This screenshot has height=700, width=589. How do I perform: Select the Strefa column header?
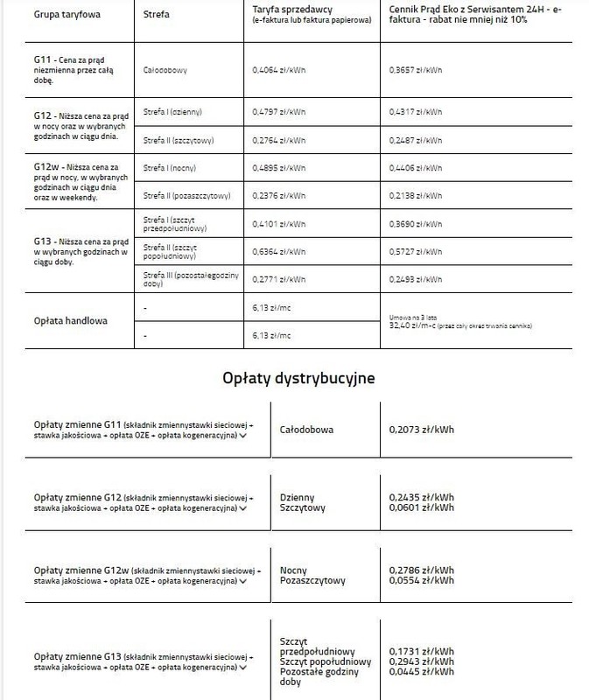coord(157,15)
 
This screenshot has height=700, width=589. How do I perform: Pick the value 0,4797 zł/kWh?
coord(279,112)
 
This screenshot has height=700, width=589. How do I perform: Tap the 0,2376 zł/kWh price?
coord(279,196)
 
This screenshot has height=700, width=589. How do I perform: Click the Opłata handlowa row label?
coord(70,320)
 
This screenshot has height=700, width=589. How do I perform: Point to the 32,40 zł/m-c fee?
coord(412,325)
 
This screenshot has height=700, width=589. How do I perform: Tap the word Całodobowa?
coord(306,430)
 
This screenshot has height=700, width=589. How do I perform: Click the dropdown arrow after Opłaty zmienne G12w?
coord(242,580)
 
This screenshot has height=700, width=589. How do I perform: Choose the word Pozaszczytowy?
coord(312,580)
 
